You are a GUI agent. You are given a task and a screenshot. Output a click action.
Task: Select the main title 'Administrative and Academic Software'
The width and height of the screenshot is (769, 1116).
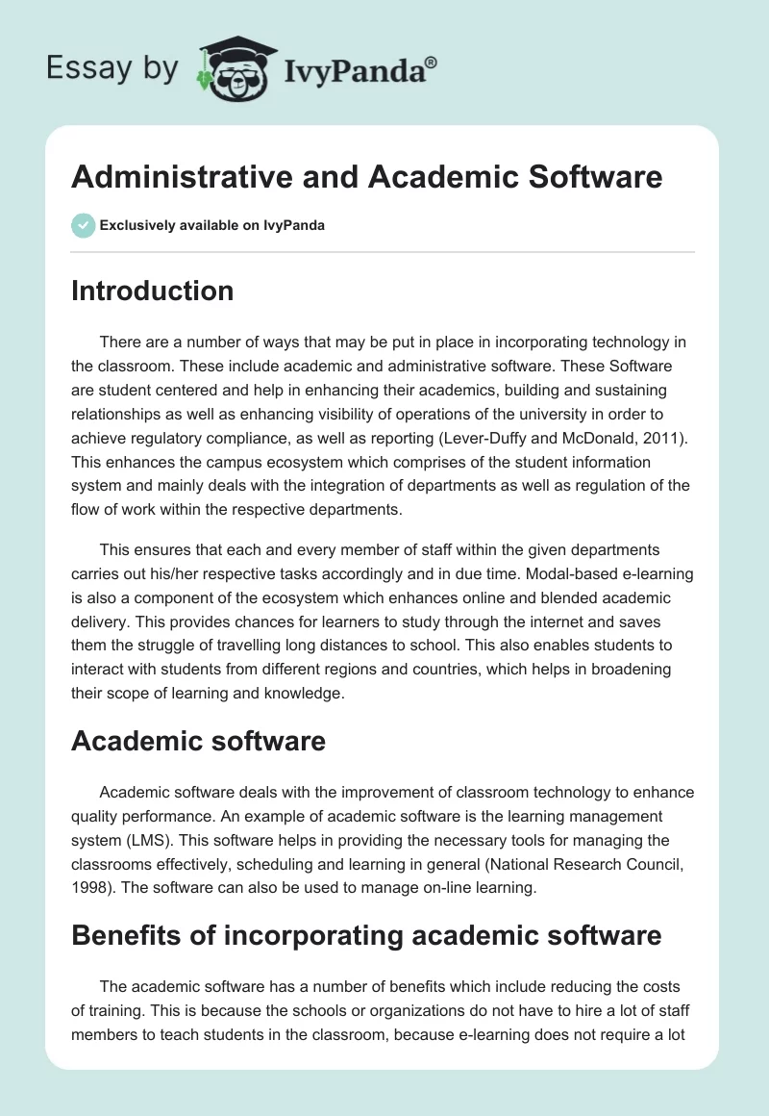(366, 177)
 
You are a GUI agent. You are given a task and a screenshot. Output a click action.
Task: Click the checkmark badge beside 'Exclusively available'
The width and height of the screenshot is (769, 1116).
(83, 225)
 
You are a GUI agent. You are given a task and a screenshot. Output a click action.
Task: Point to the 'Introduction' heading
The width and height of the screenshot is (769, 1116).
(152, 291)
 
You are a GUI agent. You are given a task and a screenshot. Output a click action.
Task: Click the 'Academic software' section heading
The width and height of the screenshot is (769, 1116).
(198, 741)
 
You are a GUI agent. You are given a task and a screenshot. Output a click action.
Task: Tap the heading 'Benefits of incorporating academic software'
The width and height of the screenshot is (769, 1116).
(366, 934)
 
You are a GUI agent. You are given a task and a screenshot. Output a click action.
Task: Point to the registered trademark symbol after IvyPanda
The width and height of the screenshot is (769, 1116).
(432, 62)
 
